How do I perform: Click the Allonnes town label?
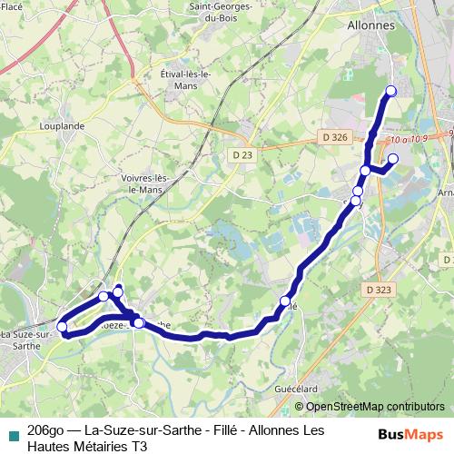click(371, 25)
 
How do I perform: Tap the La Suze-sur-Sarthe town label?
click(25, 340)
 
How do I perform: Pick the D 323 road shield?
click(381, 290)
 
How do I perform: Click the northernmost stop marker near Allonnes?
click(391, 90)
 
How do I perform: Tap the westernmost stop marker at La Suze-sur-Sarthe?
click(62, 327)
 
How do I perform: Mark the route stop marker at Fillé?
click(285, 301)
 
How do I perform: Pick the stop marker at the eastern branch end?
click(393, 159)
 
